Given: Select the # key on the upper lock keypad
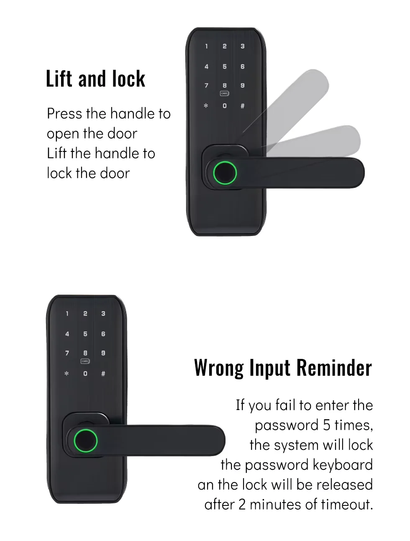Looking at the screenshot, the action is (243, 106).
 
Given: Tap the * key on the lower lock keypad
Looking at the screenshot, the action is (67, 373).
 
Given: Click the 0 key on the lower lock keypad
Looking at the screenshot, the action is (85, 373).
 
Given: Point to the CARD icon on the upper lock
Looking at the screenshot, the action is (225, 93).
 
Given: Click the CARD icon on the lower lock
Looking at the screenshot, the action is (85, 361).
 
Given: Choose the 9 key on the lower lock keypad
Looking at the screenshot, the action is (103, 353).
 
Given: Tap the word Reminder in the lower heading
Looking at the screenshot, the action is (334, 367).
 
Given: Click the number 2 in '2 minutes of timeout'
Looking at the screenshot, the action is (242, 504).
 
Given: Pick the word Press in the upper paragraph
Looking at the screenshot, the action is (64, 113).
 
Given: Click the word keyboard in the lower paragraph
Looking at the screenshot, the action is (343, 465).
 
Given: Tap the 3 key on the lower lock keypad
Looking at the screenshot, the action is (103, 313).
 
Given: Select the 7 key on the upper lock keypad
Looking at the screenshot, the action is (207, 85).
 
